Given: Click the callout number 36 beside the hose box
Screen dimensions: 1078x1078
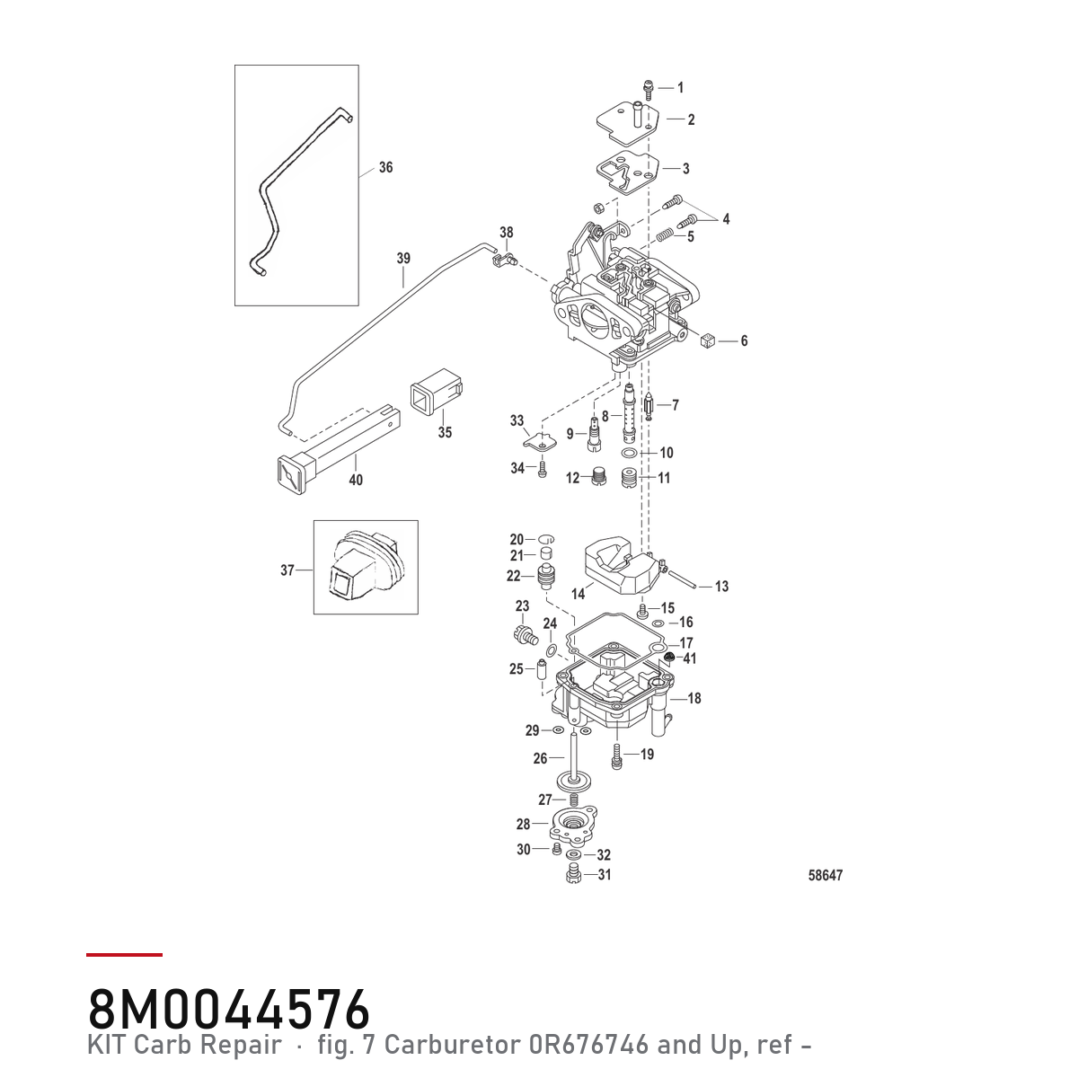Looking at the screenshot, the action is click(x=385, y=167).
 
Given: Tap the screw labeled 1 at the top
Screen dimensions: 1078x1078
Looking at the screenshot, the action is click(x=649, y=90).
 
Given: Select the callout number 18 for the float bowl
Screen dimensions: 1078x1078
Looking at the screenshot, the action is click(x=694, y=698).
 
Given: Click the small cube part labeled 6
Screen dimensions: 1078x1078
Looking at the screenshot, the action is click(x=708, y=340).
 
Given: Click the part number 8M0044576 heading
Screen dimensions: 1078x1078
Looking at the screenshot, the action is click(x=229, y=1010).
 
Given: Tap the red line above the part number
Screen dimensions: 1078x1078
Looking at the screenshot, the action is click(x=124, y=955).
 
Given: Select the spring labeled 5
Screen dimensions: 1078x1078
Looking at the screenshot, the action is click(x=664, y=235).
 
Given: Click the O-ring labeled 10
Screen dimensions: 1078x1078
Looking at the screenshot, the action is click(x=628, y=452).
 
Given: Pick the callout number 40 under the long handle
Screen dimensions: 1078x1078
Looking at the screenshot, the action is click(x=356, y=480).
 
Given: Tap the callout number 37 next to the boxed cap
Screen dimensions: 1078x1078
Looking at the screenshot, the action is click(x=287, y=570).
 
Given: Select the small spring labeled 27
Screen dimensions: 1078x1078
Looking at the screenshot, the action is click(x=573, y=800).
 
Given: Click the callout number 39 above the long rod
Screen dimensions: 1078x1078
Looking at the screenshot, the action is click(x=403, y=259).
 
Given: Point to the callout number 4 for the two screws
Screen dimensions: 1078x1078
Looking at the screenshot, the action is click(x=726, y=218).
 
